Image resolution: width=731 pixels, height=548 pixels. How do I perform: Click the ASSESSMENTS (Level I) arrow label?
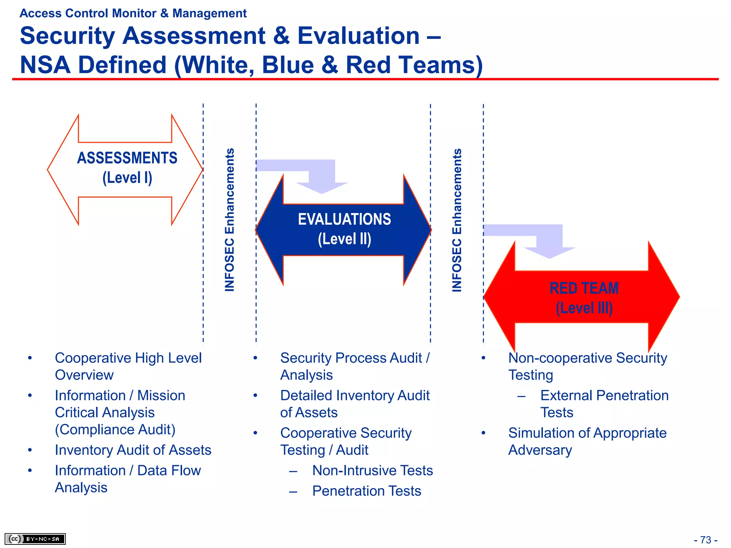pyautogui.click(x=127, y=168)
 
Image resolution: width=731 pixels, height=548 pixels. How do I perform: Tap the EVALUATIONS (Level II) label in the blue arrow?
pyautogui.click(x=344, y=229)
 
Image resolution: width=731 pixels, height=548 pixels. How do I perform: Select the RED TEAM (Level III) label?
pyautogui.click(x=584, y=298)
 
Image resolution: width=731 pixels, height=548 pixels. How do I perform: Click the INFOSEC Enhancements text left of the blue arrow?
pyautogui.click(x=230, y=220)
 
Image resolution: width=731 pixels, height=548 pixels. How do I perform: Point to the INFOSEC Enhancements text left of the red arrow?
pyautogui.click(x=457, y=220)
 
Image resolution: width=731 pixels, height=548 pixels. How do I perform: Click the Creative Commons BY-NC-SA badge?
pyautogui.click(x=35, y=539)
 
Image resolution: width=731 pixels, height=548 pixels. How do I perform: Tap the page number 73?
pyautogui.click(x=705, y=540)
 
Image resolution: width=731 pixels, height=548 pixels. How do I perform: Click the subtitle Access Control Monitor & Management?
pyautogui.click(x=133, y=13)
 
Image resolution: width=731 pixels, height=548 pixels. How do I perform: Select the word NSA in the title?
pyautogui.click(x=45, y=65)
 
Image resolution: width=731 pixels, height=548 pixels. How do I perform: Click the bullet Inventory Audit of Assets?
pyautogui.click(x=133, y=450)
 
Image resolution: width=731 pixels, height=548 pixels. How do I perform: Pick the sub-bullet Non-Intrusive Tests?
pyautogui.click(x=372, y=470)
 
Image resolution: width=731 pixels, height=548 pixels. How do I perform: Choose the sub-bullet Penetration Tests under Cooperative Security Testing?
pyautogui.click(x=367, y=491)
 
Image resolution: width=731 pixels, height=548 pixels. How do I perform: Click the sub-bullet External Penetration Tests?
pyautogui.click(x=604, y=404)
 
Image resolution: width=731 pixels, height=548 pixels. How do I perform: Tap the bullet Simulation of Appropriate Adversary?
pyautogui.click(x=587, y=441)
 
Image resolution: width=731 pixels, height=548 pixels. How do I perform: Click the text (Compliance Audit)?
pyautogui.click(x=115, y=430)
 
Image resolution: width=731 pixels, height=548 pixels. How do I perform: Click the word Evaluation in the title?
pyautogui.click(x=358, y=36)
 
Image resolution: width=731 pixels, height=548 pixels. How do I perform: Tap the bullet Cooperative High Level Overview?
pyautogui.click(x=128, y=366)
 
